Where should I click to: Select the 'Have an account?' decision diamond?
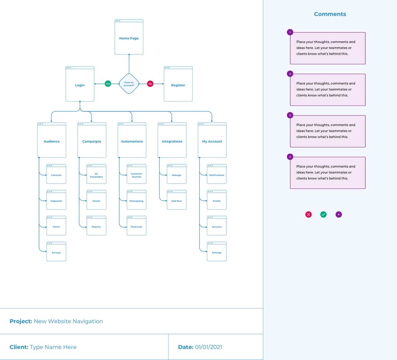[x=129, y=84]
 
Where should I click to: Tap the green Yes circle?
[x=108, y=84]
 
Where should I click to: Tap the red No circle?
[x=150, y=84]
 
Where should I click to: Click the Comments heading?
[x=330, y=14]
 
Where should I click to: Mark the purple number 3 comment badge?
[x=290, y=115]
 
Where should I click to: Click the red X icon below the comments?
[x=308, y=214]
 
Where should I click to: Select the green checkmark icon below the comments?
[x=323, y=214]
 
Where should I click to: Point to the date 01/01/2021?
[x=208, y=347]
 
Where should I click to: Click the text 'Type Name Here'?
[x=53, y=347]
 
